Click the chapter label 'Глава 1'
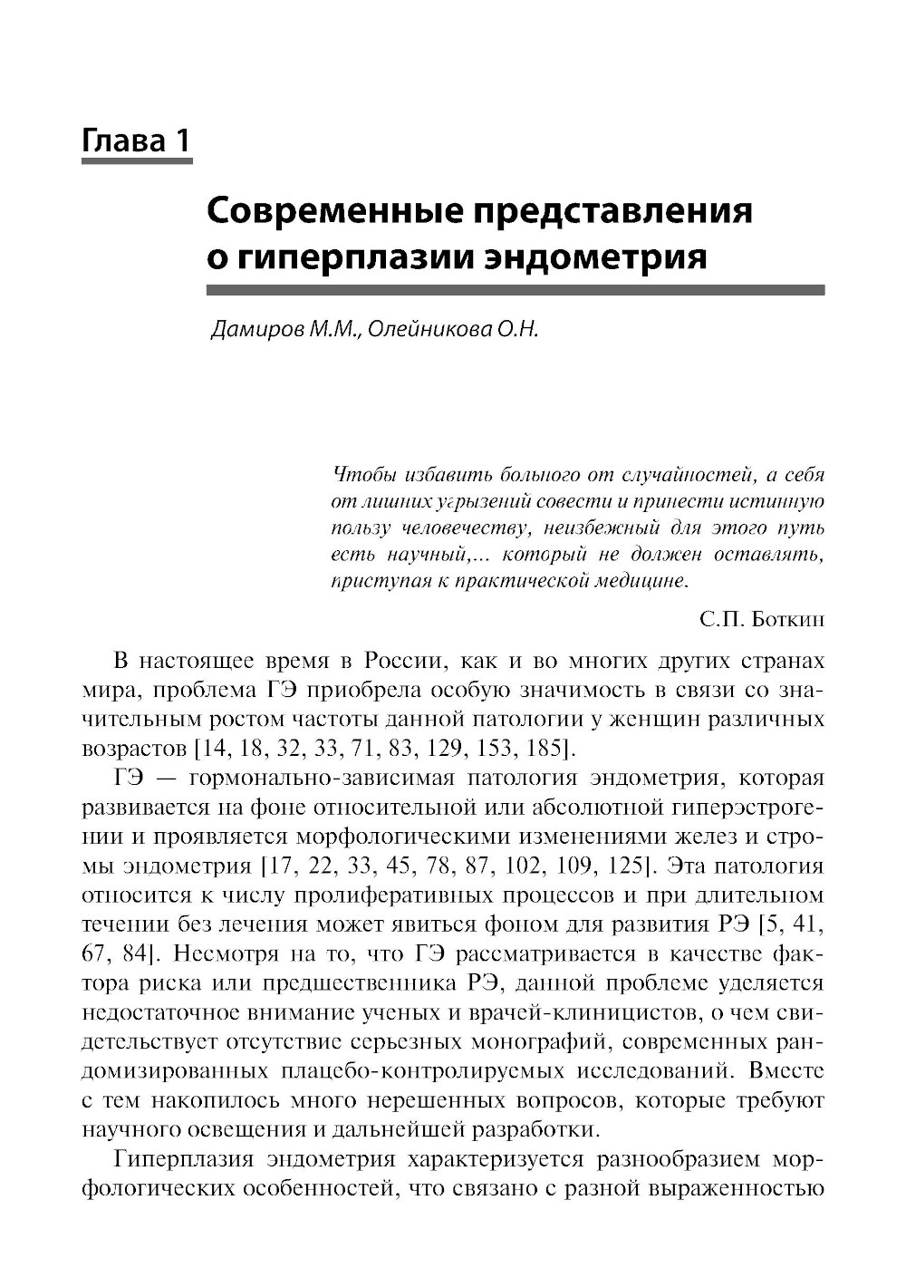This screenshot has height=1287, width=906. tap(136, 140)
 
